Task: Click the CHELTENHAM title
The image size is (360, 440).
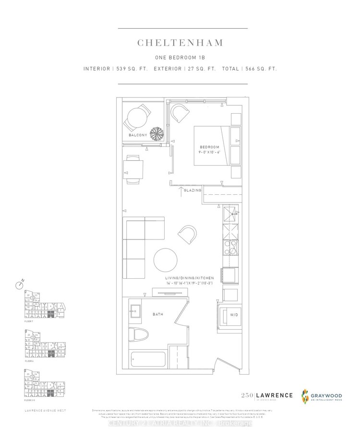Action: pyautogui.click(x=180, y=43)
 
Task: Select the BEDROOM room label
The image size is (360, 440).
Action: pyautogui.click(x=209, y=146)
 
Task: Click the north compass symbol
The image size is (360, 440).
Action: pyautogui.click(x=19, y=285)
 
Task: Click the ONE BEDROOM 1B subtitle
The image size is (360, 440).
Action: pyautogui.click(x=180, y=58)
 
